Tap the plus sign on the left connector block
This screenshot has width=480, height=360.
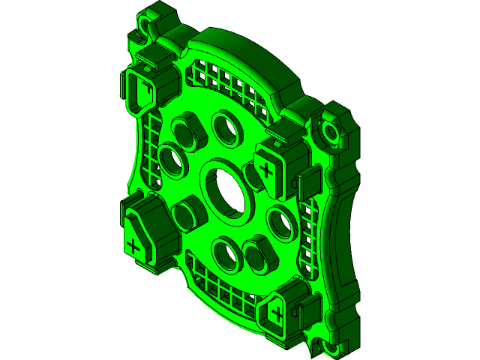134,245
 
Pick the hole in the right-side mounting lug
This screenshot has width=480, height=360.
331,133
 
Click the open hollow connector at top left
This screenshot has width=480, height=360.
140,91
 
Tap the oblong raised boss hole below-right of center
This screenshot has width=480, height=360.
259,255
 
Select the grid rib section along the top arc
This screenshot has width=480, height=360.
225,82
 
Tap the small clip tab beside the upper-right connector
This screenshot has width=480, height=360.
307,181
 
